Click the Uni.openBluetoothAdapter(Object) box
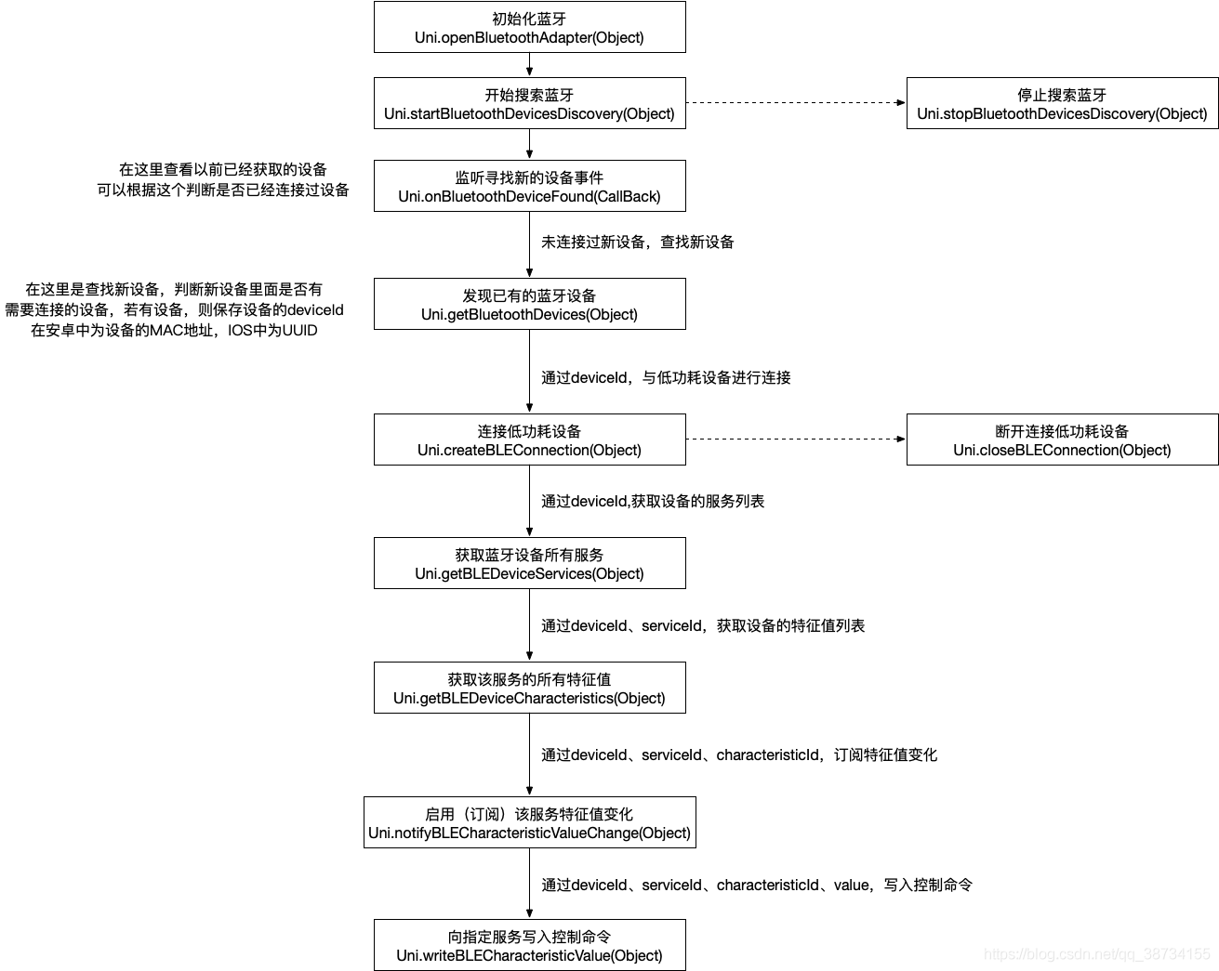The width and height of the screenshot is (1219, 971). pyautogui.click(x=530, y=27)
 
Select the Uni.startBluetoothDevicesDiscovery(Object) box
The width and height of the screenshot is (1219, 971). pyautogui.click(x=530, y=103)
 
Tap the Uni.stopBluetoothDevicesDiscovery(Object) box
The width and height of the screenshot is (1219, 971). pyautogui.click(x=1062, y=103)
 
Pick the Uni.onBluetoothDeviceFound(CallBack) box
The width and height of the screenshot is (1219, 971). pyautogui.click(x=530, y=186)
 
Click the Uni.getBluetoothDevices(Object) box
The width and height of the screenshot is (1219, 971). pyautogui.click(x=530, y=304)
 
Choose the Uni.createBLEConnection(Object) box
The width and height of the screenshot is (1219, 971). pyautogui.click(x=530, y=440)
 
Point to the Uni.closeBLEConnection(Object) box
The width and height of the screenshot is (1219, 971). pyautogui.click(x=1062, y=440)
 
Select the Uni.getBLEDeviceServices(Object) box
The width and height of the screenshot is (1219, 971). pyautogui.click(x=530, y=563)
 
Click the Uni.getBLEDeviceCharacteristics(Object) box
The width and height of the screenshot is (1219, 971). pyautogui.click(x=530, y=688)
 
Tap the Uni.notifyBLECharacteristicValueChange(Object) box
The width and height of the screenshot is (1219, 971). pyautogui.click(x=530, y=822)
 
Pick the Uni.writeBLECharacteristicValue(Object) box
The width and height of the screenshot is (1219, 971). pyautogui.click(x=530, y=945)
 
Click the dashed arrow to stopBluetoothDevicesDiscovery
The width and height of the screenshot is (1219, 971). pyautogui.click(x=796, y=102)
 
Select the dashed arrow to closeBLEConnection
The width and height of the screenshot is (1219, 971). pyautogui.click(x=796, y=439)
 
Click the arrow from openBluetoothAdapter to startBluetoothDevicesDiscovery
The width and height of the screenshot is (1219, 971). pyautogui.click(x=530, y=65)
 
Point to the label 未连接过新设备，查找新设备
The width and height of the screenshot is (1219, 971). pyautogui.click(x=637, y=243)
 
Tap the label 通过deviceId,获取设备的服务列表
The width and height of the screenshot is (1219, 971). pyautogui.click(x=653, y=501)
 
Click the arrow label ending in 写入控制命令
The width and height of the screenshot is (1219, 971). pyautogui.click(x=757, y=885)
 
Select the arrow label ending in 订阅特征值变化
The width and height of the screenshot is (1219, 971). pyautogui.click(x=739, y=754)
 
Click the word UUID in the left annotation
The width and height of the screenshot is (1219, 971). pyautogui.click(x=299, y=330)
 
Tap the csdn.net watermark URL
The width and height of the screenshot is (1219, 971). pyautogui.click(x=1096, y=954)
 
